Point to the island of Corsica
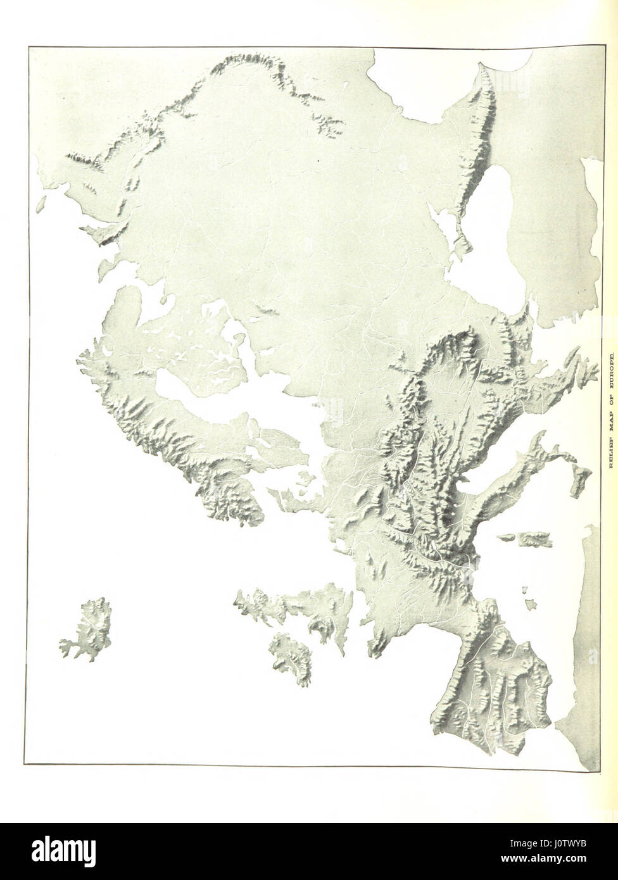pyautogui.click(x=507, y=537)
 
